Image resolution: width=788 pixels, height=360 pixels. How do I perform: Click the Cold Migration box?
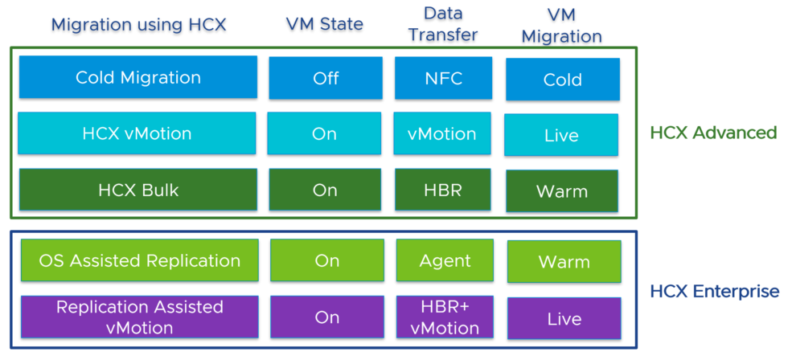tap(137, 77)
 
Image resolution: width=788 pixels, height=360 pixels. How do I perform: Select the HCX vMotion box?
tap(137, 133)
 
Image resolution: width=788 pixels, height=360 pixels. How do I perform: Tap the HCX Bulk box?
tap(137, 190)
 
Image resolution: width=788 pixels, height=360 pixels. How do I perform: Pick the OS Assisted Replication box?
tap(139, 260)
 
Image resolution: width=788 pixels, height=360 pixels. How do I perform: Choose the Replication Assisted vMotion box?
tap(139, 317)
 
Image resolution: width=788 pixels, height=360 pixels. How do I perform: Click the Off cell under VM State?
tap(326, 78)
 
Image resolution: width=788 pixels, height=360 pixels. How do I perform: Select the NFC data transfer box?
tap(442, 78)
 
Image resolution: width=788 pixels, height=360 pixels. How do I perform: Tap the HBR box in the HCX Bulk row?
tap(442, 190)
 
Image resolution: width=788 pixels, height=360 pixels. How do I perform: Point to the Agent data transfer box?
tap(445, 260)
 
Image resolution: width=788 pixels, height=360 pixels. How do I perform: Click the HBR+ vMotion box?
tap(445, 317)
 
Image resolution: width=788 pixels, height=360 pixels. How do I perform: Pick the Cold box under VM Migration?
tap(562, 80)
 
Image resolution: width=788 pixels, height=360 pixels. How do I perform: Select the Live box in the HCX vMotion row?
tap(561, 135)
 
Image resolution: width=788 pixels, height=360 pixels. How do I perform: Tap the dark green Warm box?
tap(562, 191)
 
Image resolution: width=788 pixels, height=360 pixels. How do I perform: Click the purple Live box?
tap(564, 318)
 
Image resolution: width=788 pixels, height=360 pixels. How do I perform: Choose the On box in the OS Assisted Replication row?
tap(327, 260)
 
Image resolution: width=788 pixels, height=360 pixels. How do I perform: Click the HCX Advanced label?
tap(712, 133)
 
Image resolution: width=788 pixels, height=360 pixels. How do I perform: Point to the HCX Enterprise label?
tap(714, 291)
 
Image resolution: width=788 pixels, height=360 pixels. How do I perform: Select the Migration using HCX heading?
tap(139, 24)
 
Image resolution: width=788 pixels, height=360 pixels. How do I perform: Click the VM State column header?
tap(325, 24)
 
